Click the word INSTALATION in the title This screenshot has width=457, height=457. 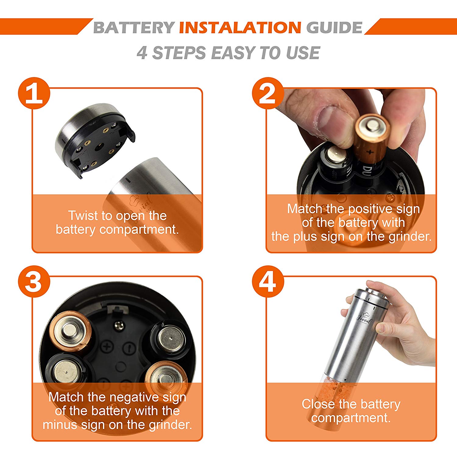[x=240, y=27]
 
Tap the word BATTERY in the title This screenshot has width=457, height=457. [x=134, y=27]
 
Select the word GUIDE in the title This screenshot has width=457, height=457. [x=334, y=27]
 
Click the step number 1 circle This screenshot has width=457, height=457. [x=34, y=93]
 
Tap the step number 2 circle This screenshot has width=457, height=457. [x=268, y=93]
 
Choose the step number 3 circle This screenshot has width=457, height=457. [x=34, y=282]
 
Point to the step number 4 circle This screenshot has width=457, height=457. [x=268, y=282]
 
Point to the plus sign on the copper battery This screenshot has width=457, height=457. [x=370, y=152]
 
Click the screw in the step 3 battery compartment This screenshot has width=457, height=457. [x=119, y=325]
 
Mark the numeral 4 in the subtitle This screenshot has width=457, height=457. [x=142, y=53]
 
